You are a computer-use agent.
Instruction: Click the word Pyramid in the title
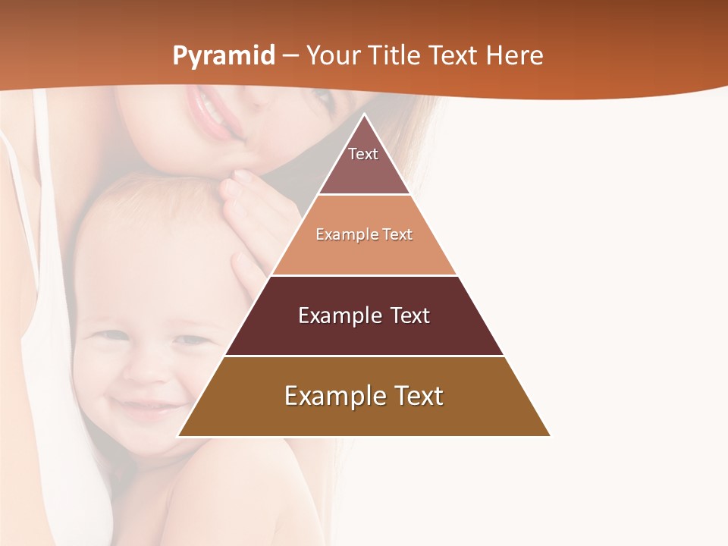click(x=223, y=56)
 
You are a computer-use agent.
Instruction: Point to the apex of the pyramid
click(x=364, y=115)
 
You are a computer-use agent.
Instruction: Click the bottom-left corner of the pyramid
click(x=180, y=435)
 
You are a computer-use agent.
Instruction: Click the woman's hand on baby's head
click(x=250, y=220)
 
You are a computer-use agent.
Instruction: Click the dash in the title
click(x=290, y=56)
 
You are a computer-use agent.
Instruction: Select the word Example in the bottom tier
click(x=328, y=396)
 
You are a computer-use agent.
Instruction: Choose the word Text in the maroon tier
click(x=406, y=315)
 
